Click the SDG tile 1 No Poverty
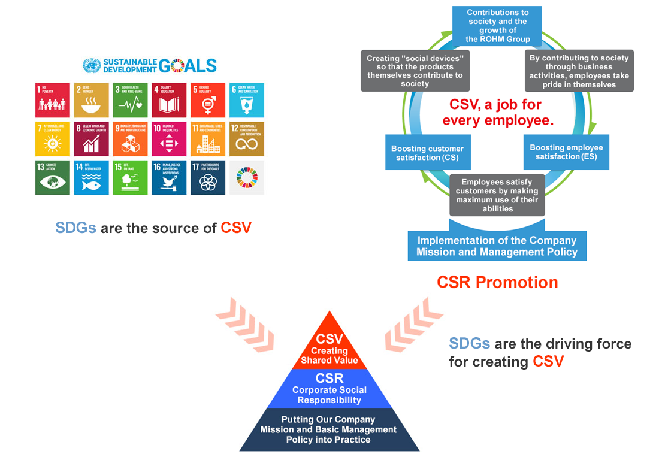(x=52, y=100)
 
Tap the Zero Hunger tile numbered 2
(x=91, y=100)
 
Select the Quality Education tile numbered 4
(x=169, y=100)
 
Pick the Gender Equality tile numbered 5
(x=208, y=100)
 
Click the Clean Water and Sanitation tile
(x=246, y=100)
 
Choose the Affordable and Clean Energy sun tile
(x=52, y=139)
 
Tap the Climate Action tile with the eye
(x=52, y=178)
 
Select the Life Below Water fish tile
(x=91, y=178)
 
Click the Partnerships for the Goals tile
(x=208, y=178)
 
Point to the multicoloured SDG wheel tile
(x=246, y=178)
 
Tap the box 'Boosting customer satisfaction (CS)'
(x=427, y=153)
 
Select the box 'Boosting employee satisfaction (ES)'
(x=566, y=152)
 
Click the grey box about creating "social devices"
(x=415, y=71)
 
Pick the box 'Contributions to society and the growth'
(x=497, y=25)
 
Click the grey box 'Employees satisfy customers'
(x=497, y=195)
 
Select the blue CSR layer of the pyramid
(x=329, y=389)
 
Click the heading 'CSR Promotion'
(x=497, y=282)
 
